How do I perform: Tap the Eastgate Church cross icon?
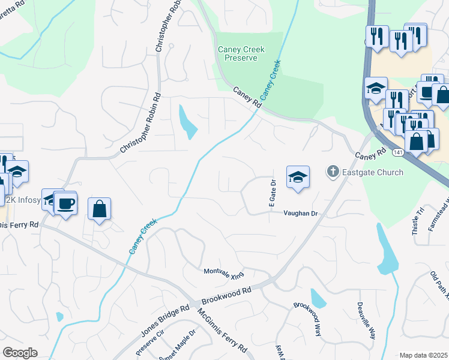coord(332,172)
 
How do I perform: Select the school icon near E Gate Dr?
coord(298,177)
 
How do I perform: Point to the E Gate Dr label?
coord(271,194)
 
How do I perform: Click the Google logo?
coord(20,353)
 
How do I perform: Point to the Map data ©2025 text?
coord(423,355)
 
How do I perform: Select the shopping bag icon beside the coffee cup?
coord(100,209)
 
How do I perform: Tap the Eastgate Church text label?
coord(373,172)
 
